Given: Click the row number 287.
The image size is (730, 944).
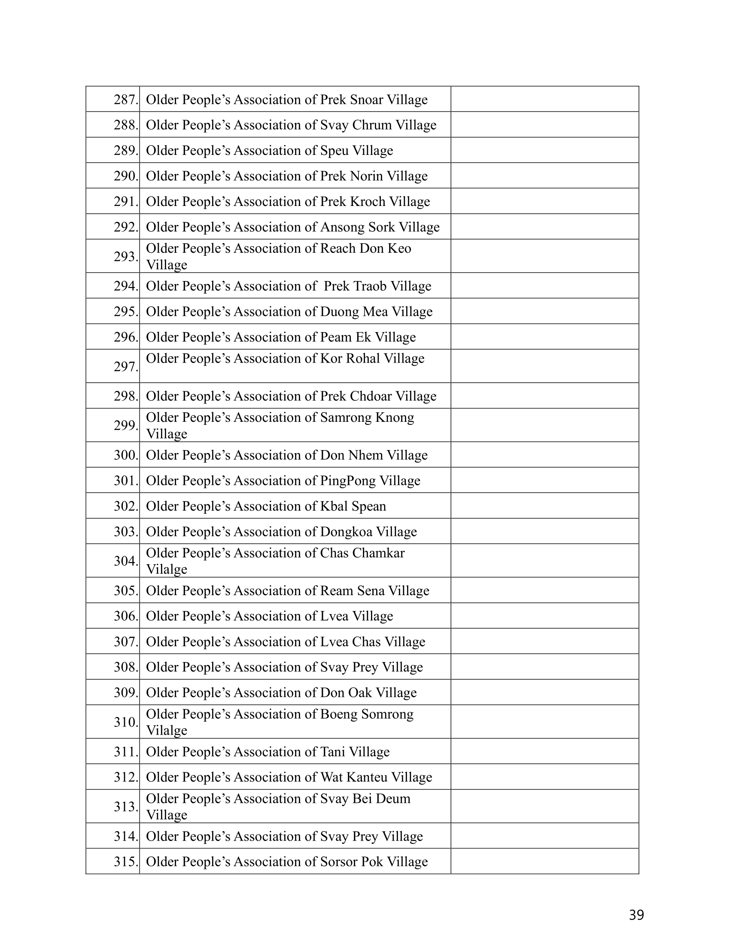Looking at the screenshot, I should (126, 100).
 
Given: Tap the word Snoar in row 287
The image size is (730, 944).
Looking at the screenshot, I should (366, 100).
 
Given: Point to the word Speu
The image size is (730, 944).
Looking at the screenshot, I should (334, 151).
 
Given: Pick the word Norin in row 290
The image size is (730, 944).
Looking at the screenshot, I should (366, 176).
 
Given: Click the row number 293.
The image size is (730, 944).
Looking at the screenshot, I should (126, 257).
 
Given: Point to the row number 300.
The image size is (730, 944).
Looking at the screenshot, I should (126, 455).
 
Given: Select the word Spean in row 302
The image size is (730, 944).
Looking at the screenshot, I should (369, 506).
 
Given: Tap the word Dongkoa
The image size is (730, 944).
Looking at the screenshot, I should (346, 532).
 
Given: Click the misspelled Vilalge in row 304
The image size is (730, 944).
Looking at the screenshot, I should (167, 570).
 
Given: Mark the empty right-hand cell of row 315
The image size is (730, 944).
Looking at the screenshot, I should (544, 862).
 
